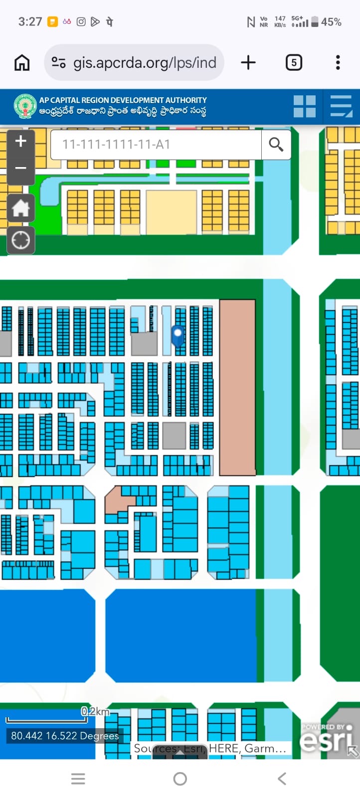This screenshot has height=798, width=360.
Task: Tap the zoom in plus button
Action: tap(20, 142)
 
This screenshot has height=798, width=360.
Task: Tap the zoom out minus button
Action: tap(20, 168)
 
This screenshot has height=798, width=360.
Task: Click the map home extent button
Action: tap(20, 208)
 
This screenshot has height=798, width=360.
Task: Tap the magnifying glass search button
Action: tap(276, 145)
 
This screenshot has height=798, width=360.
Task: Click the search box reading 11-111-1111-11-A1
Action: tap(156, 145)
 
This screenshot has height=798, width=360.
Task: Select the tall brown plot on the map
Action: tap(238, 387)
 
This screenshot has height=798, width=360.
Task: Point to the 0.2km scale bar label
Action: tap(95, 712)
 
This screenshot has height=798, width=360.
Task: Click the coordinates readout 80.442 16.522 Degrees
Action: tap(65, 736)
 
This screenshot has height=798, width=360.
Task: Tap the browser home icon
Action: tap(22, 63)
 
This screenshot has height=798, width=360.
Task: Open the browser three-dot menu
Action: tap(338, 63)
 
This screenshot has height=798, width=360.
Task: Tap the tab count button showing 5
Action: tap(294, 63)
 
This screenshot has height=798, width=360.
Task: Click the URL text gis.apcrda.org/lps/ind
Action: tap(145, 63)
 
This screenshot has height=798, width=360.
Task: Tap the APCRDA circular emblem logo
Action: tap(25, 106)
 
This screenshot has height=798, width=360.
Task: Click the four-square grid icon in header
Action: tap(305, 106)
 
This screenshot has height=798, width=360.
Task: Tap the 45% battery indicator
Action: tap(327, 22)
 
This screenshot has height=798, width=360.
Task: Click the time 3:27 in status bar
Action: tap(30, 22)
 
